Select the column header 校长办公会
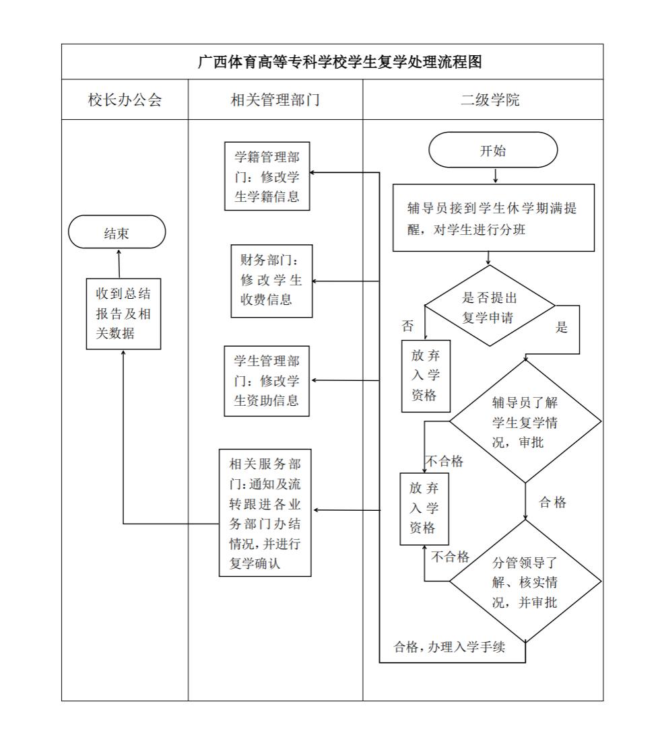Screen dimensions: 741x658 tap(125, 100)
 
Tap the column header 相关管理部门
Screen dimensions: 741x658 tap(275, 100)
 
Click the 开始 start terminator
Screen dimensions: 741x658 tap(493, 150)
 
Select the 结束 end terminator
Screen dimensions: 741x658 tap(117, 233)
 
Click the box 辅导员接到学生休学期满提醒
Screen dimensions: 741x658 tap(493, 218)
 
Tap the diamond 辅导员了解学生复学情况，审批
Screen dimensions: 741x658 tap(525, 422)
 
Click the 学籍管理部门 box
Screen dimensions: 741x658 tap(267, 178)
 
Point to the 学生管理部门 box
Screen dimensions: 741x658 tap(267, 380)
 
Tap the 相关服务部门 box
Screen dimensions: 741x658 tap(265, 513)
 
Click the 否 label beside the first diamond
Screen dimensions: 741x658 tap(407, 326)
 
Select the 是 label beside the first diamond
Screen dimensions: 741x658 tap(561, 328)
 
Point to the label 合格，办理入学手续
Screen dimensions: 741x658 tap(449, 648)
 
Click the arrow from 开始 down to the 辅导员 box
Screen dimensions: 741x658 tap(496, 176)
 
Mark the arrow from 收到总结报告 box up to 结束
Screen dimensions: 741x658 tap(119, 263)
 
